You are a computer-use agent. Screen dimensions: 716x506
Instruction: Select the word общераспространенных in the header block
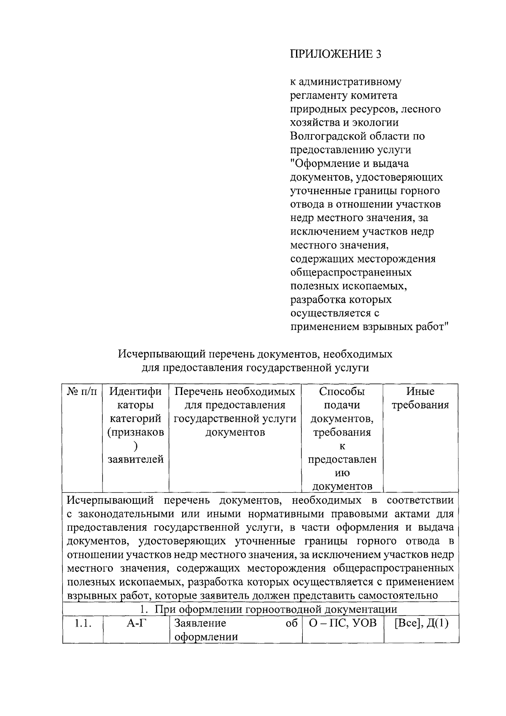pos(351,272)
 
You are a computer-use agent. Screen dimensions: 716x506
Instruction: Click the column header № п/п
pos(82,392)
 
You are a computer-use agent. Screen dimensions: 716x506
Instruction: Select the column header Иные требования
pos(420,398)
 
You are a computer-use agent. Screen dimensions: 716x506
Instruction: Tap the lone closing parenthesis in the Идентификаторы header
pos(135,446)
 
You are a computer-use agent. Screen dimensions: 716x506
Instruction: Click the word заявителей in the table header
pos(135,459)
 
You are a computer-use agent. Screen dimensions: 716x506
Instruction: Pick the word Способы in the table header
pos(342,392)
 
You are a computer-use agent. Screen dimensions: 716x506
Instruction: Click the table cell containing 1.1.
pos(83,623)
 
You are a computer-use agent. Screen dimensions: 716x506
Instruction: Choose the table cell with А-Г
pos(135,623)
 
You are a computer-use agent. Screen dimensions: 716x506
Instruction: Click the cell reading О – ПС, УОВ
pos(342,623)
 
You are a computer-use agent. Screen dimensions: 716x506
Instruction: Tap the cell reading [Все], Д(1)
pos(421,623)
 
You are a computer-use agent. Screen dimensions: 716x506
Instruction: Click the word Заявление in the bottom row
pos(200,623)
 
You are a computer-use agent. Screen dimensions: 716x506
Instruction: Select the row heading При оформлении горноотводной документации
pos(269,609)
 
